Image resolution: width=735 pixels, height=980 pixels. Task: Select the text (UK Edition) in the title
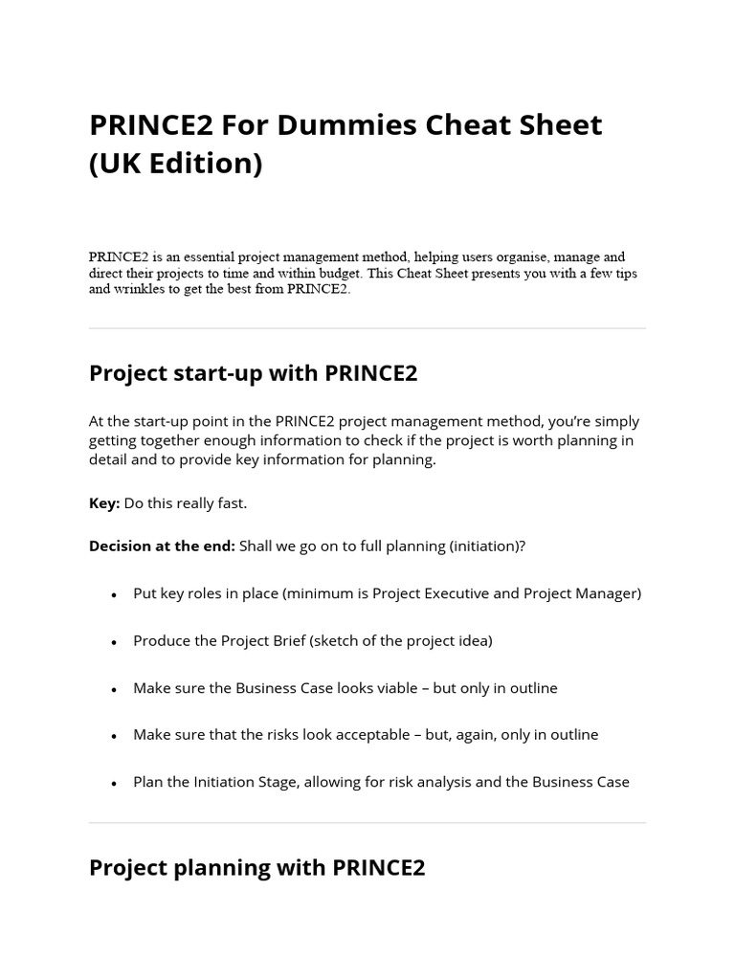click(x=175, y=164)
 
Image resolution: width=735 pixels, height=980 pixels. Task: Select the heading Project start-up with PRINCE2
click(x=253, y=373)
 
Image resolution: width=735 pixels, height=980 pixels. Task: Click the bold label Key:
click(x=104, y=503)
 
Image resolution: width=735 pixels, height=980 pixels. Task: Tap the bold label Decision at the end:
click(x=162, y=546)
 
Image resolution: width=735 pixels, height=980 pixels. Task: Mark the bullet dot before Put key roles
click(x=114, y=594)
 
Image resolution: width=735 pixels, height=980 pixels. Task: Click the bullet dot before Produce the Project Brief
click(x=114, y=642)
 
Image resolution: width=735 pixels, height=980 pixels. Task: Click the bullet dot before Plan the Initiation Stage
click(x=114, y=783)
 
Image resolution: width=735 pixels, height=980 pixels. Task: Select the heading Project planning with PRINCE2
click(x=256, y=868)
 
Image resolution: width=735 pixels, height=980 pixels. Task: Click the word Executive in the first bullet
click(x=449, y=593)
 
